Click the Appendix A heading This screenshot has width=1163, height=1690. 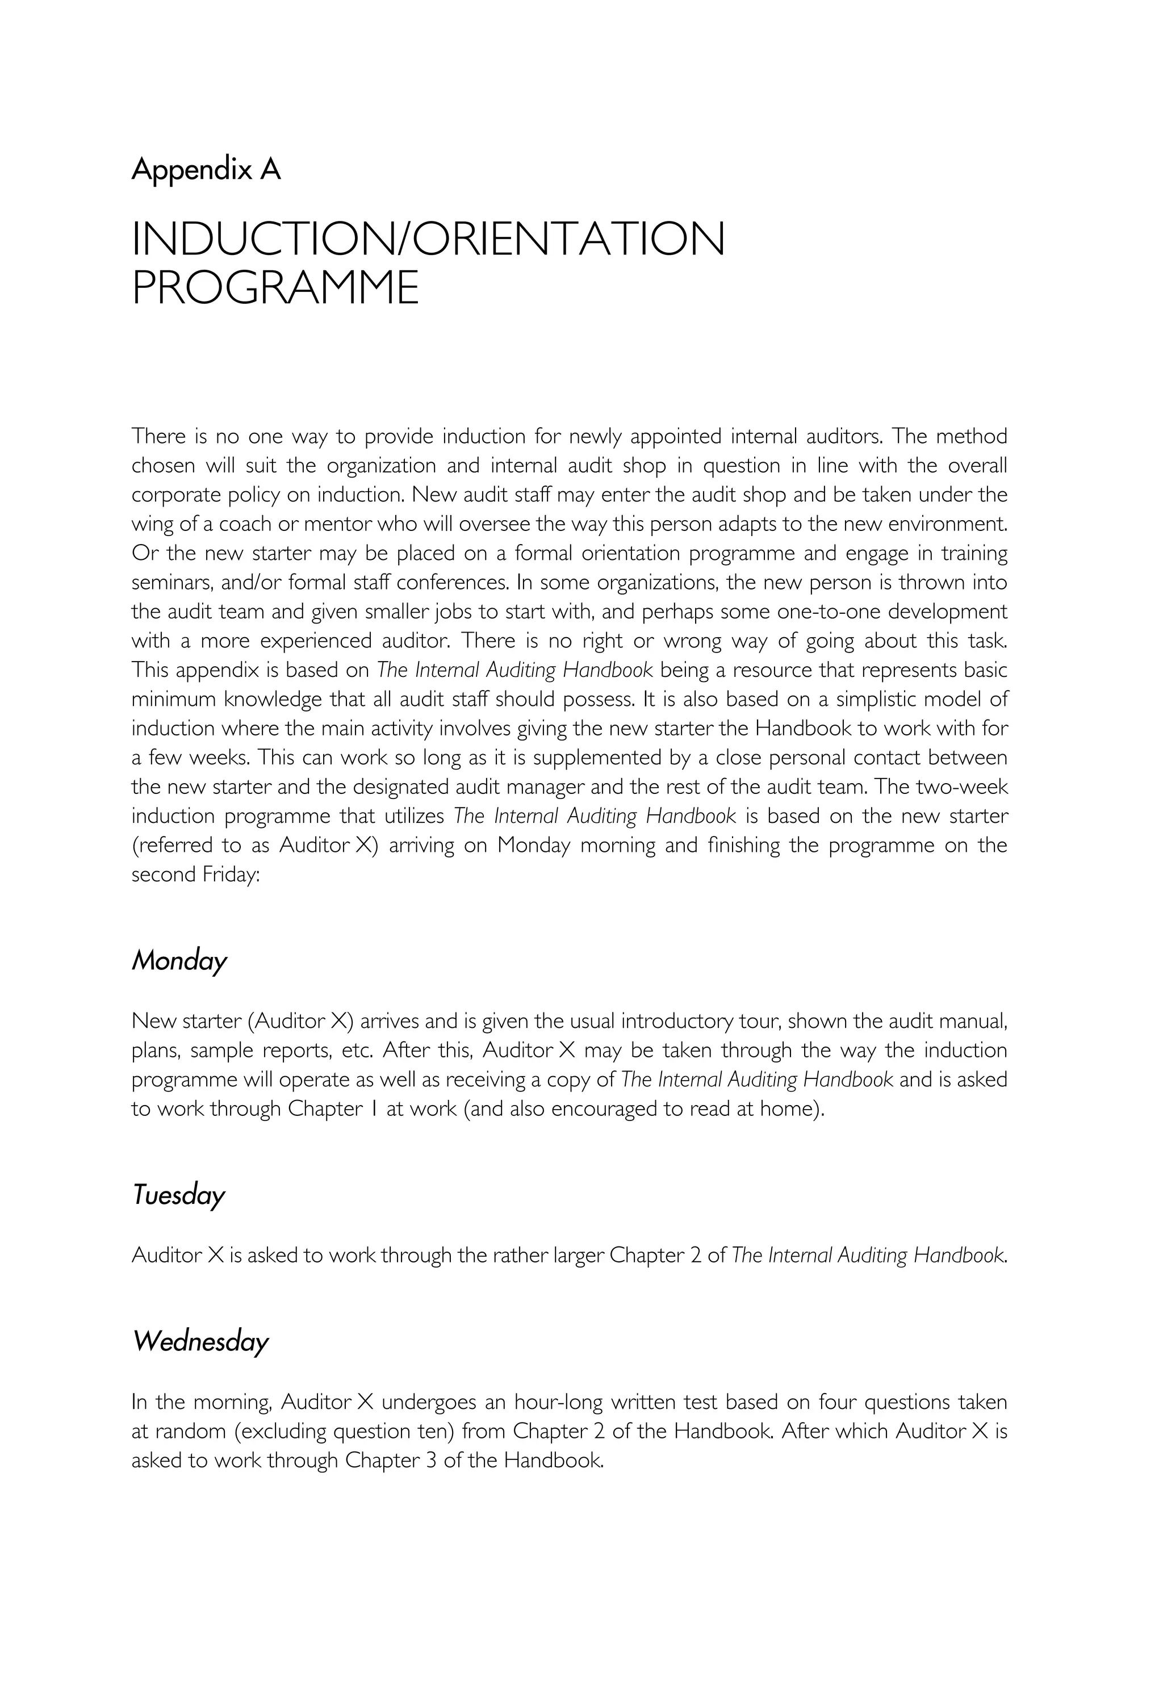coord(206,170)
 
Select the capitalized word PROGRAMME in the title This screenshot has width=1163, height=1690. coord(275,287)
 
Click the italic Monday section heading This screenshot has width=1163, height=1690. coord(179,960)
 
